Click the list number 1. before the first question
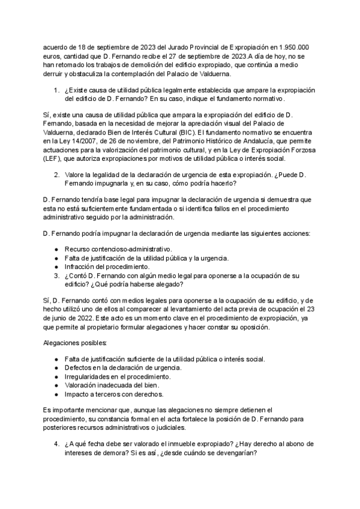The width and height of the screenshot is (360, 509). tap(56, 90)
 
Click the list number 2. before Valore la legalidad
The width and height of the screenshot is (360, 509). tap(56, 175)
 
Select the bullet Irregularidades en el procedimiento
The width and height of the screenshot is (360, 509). tap(118, 376)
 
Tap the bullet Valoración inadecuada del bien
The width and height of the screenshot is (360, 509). tap(112, 385)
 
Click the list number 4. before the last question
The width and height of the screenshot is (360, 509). tap(56, 444)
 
